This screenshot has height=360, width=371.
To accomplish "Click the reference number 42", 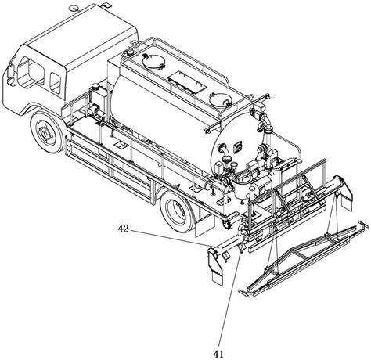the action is pyautogui.click(x=124, y=229).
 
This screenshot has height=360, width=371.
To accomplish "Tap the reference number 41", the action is pyautogui.click(x=218, y=354).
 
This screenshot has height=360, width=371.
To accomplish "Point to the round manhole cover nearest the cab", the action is pyautogui.click(x=153, y=61).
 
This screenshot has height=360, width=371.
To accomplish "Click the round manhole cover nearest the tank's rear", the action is pyautogui.click(x=221, y=99).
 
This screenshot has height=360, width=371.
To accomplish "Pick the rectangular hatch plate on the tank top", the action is pyautogui.click(x=187, y=81).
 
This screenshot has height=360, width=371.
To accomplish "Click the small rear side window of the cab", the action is pyautogui.click(x=56, y=82).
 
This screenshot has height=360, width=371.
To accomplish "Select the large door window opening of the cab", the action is pyautogui.click(x=31, y=71).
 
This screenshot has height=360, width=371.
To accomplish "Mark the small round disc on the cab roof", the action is pyautogui.click(x=73, y=9).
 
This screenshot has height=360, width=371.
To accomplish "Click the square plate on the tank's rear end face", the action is pyautogui.click(x=238, y=146).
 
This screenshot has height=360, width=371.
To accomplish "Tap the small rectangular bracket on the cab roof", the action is pyautogui.click(x=106, y=5).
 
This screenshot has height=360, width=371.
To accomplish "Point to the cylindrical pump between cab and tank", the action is pyautogui.click(x=96, y=111).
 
